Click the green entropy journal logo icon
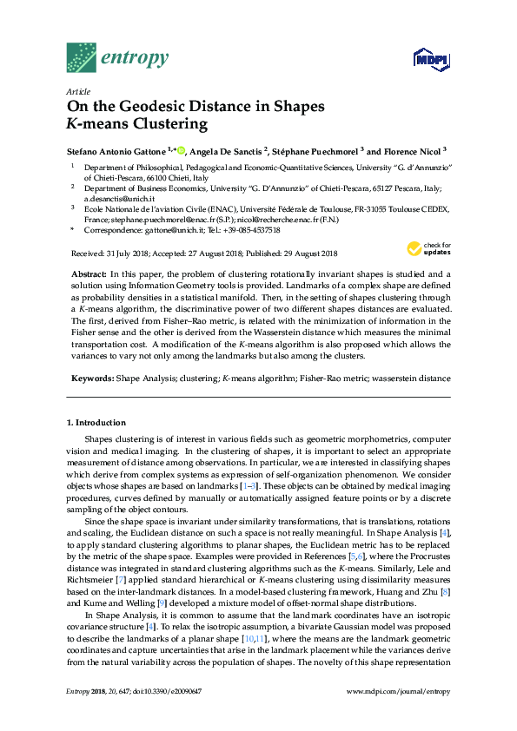coord(81,57)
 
